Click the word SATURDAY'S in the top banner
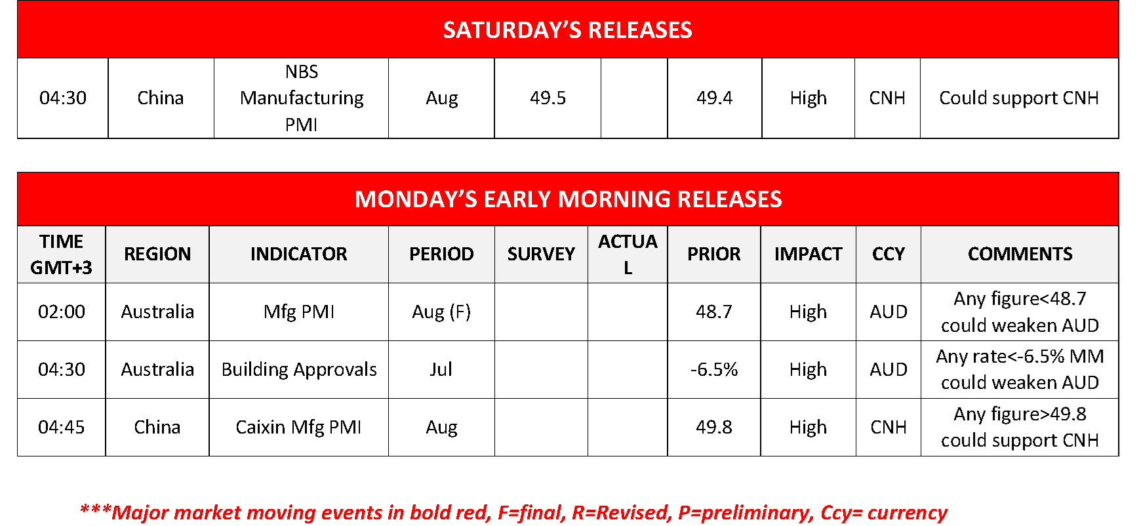click(512, 30)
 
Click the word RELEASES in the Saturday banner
click(640, 30)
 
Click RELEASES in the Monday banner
click(729, 199)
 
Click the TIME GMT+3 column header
click(61, 254)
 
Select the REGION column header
click(157, 254)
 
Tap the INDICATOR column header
click(298, 254)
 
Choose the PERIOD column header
click(441, 254)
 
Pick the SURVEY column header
click(541, 254)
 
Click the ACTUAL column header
click(628, 254)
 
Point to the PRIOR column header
click(713, 254)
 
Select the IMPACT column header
click(808, 254)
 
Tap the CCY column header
click(888, 254)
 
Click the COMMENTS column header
click(1020, 254)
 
